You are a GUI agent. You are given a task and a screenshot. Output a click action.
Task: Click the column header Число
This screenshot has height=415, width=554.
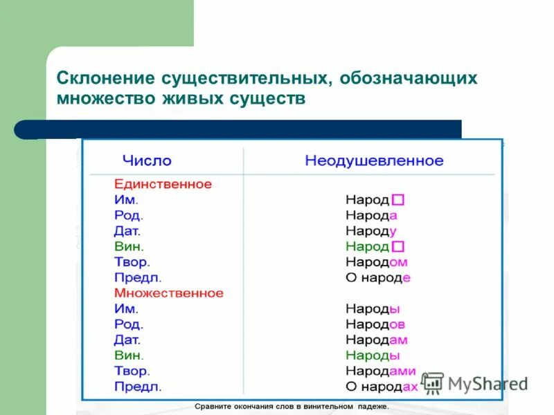147,160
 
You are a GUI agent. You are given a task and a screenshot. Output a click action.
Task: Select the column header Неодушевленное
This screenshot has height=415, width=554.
374,160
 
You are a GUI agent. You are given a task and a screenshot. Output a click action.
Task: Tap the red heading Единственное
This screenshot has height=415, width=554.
163,185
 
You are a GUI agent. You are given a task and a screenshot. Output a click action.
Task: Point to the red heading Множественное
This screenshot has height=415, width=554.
169,293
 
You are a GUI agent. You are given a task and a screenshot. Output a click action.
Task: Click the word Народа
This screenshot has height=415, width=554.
371,215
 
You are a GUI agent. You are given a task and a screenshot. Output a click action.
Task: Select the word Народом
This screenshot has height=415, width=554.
376,262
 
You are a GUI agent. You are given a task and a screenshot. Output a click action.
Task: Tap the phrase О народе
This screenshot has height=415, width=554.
378,278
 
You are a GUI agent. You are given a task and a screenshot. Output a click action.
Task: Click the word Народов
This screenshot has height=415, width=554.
375,324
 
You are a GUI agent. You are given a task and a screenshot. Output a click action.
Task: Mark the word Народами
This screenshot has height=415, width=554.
381,371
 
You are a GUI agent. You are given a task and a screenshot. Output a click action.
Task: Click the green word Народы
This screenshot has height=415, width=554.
373,356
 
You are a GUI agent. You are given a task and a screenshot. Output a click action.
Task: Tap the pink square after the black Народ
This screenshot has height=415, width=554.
398,200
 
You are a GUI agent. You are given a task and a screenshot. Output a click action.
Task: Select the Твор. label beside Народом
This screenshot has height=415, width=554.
132,262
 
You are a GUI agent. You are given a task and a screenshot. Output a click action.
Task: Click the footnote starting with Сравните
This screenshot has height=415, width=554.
291,407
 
